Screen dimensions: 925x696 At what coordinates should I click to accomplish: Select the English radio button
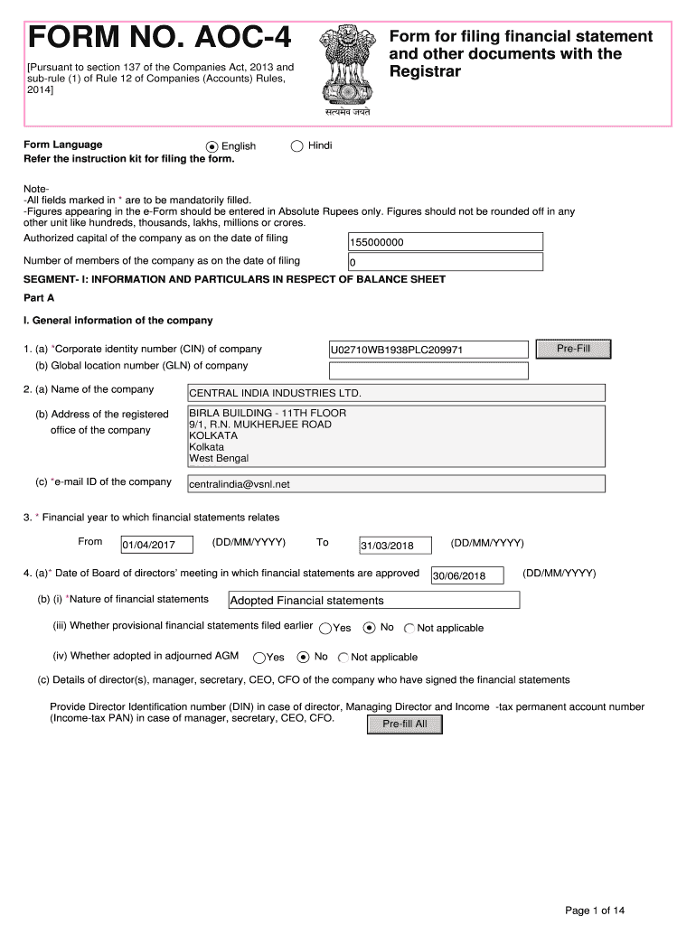click(212, 146)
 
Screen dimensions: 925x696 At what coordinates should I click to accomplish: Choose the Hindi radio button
click(296, 145)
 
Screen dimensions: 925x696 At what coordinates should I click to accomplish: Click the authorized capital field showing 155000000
click(445, 242)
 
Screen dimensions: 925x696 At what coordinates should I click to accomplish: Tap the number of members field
click(445, 263)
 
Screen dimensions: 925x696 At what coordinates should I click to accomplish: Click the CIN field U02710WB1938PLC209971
click(428, 350)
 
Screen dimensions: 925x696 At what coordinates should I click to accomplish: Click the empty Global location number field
click(428, 370)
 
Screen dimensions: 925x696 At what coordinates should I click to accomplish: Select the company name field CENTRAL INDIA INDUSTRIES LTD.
click(395, 393)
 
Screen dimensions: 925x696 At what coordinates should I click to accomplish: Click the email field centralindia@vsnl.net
click(395, 484)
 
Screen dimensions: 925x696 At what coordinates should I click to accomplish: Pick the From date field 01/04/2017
click(156, 545)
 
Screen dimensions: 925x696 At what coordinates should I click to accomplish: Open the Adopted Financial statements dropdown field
click(373, 601)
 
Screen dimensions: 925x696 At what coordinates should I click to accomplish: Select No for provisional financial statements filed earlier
click(369, 627)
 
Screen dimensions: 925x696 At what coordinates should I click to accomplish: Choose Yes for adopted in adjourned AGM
click(259, 658)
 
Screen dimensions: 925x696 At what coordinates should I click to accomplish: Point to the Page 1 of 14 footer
click(595, 910)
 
